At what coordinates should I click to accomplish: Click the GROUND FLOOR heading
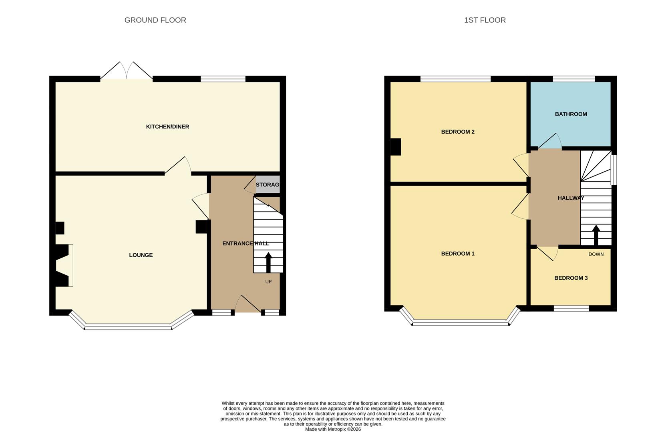point(155,20)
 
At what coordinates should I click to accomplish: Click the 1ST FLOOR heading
point(485,20)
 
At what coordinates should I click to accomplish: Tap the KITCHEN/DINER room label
point(167,127)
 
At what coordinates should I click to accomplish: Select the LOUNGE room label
point(141,255)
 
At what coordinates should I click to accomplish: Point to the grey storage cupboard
point(267,184)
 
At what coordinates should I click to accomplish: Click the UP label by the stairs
point(268,282)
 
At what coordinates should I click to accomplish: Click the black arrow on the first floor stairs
point(596,235)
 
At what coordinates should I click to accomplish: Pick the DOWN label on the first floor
point(596,254)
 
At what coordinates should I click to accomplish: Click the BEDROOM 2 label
point(458,132)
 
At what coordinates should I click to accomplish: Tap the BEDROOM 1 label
point(458,254)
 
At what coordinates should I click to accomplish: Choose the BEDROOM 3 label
point(571,278)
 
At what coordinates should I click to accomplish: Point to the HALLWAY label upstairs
point(571,198)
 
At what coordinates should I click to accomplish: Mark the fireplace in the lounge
point(63,265)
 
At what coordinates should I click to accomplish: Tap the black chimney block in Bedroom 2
point(396,147)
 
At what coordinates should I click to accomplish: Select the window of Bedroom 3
point(571,308)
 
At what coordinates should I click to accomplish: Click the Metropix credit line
point(333,429)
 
